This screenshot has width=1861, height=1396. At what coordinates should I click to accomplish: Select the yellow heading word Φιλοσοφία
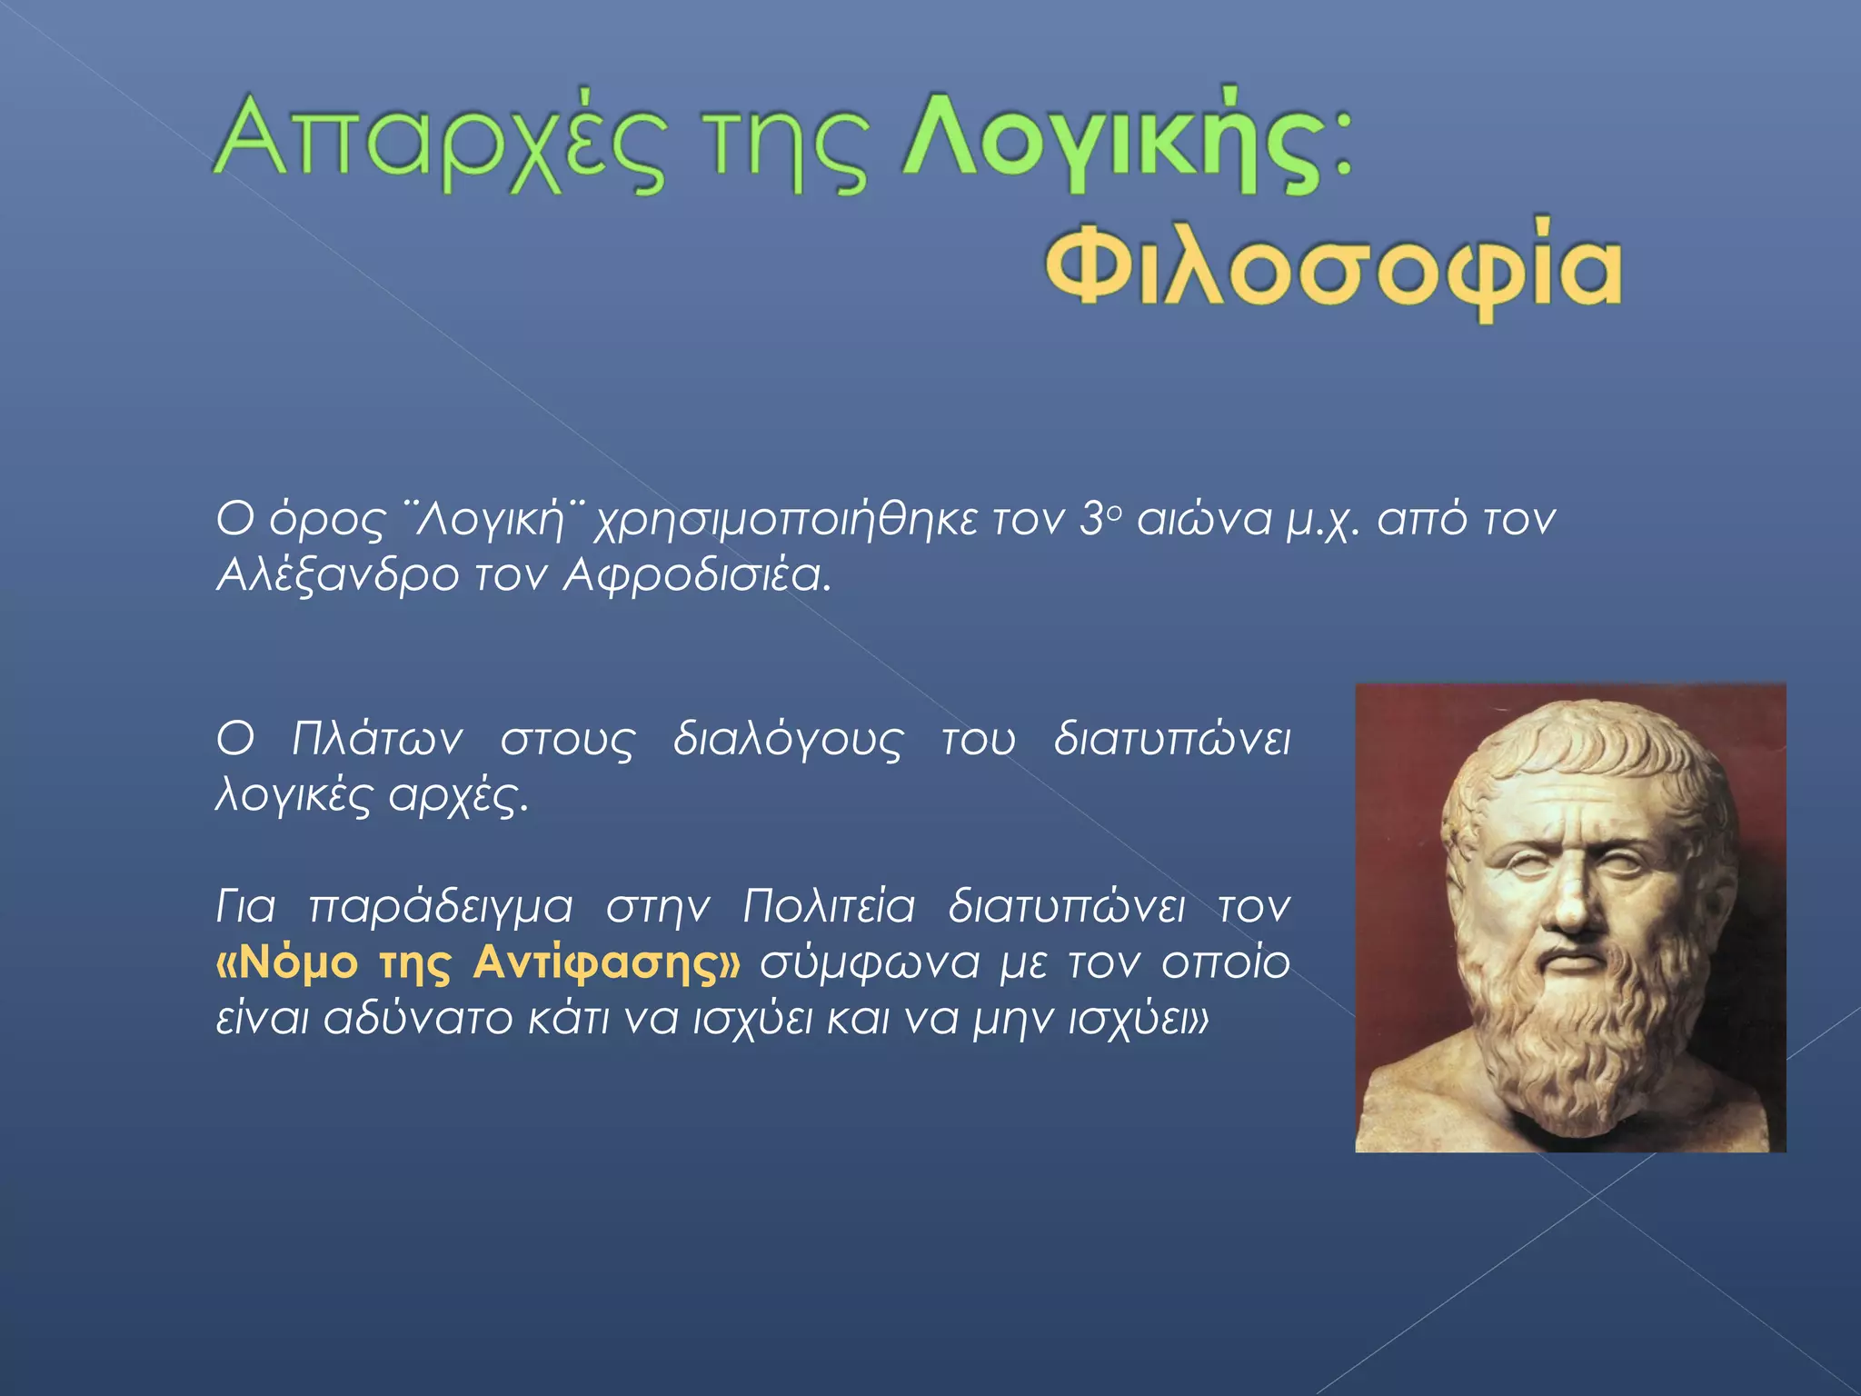1333,268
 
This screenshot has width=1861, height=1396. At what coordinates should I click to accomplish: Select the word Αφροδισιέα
697,575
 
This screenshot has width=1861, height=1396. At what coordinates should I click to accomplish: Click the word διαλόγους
788,741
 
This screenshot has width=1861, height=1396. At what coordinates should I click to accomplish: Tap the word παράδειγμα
441,908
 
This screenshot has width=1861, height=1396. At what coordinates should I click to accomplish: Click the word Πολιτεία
828,906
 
